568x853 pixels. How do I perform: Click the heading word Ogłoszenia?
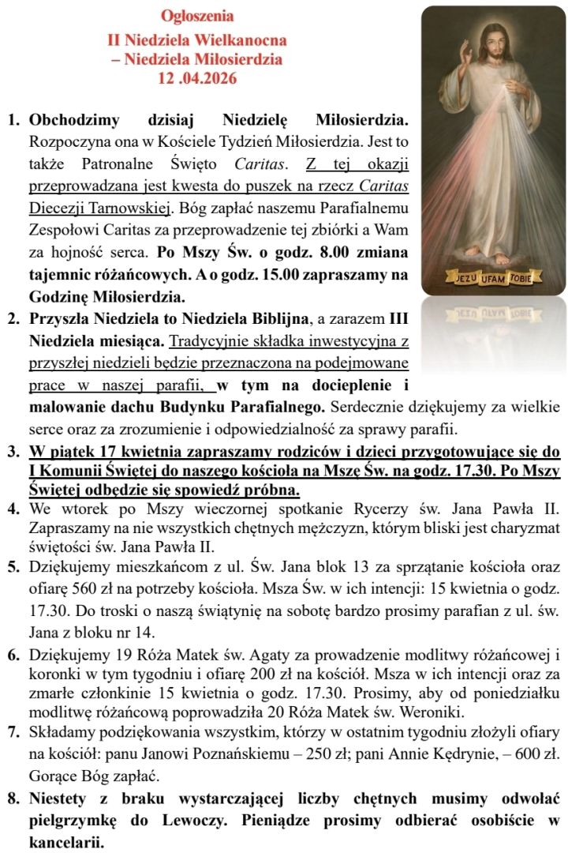coord(197,16)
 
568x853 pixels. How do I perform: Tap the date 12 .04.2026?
coord(197,78)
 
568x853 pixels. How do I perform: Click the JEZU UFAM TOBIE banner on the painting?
coord(493,278)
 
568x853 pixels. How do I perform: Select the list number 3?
coord(13,453)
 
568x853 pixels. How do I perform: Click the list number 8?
coord(13,798)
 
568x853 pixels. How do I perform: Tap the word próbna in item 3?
coord(260,490)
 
